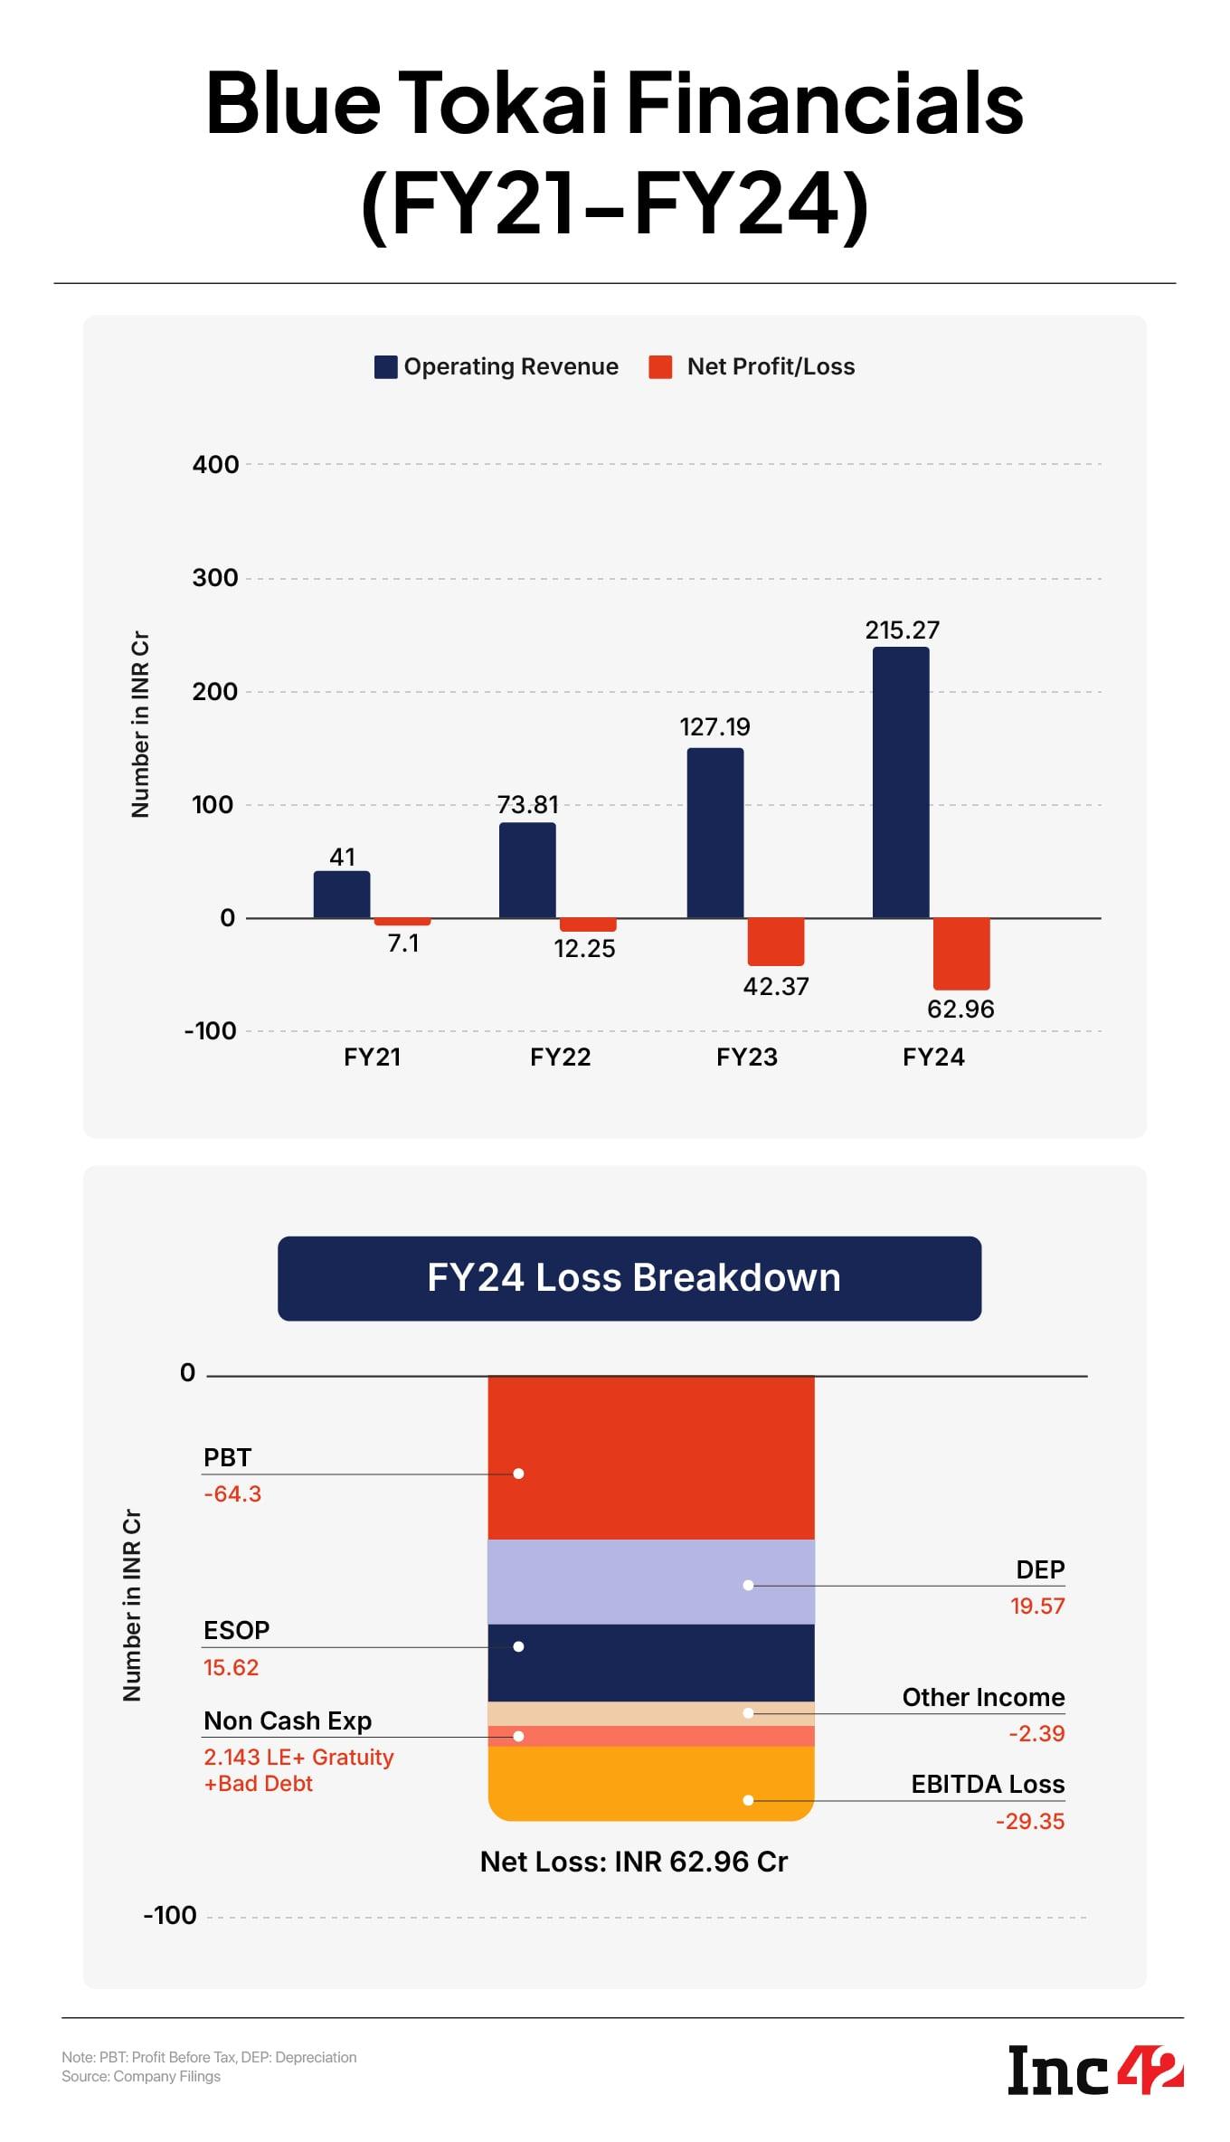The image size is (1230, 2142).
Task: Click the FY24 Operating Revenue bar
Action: [x=900, y=782]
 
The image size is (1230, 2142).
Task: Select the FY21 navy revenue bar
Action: [x=342, y=895]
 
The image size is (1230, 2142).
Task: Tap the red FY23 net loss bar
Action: [x=775, y=942]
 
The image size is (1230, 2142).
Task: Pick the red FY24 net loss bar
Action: [x=961, y=953]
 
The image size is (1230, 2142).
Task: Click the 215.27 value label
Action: [x=902, y=630]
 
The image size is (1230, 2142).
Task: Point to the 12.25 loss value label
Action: [x=584, y=949]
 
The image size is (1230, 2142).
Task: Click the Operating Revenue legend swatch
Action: [x=386, y=367]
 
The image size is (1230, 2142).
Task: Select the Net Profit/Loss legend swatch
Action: [x=660, y=367]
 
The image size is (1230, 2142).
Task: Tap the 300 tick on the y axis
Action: [x=215, y=578]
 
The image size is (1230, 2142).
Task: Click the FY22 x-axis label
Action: [x=560, y=1057]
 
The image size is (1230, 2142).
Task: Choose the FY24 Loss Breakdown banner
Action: [x=629, y=1278]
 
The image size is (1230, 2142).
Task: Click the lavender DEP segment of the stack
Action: [x=651, y=1582]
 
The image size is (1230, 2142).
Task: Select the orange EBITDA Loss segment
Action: [x=651, y=1782]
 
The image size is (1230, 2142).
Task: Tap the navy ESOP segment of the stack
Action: [x=651, y=1663]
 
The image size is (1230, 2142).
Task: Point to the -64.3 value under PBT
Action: [x=232, y=1494]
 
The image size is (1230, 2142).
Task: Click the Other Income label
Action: [x=983, y=1698]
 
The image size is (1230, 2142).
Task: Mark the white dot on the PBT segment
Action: [x=518, y=1474]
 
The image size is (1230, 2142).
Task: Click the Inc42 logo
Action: [x=1095, y=2071]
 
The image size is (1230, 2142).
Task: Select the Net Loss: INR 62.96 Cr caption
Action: [x=633, y=1862]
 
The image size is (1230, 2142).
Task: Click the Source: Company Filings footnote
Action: [x=141, y=2077]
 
